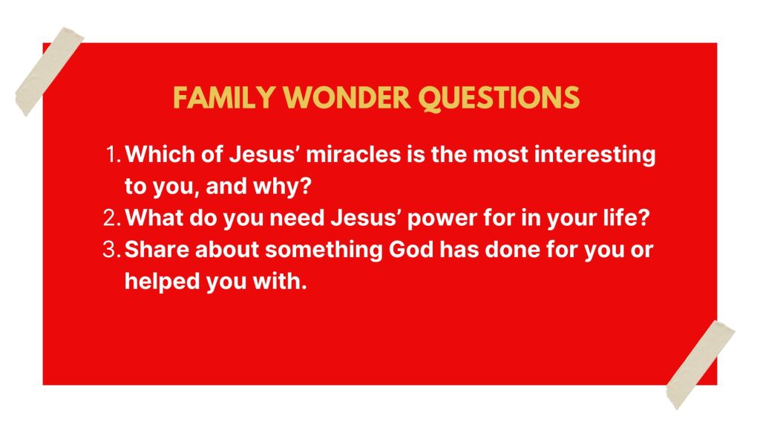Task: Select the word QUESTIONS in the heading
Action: pos(499,99)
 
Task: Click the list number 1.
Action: pos(113,155)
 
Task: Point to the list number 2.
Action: pos(112,218)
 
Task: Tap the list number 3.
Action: pos(112,250)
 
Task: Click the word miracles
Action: pos(354,155)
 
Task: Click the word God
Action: pos(411,250)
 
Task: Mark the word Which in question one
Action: pos(159,155)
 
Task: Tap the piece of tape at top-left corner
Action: pos(50,71)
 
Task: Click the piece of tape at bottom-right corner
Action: pos(701,364)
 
